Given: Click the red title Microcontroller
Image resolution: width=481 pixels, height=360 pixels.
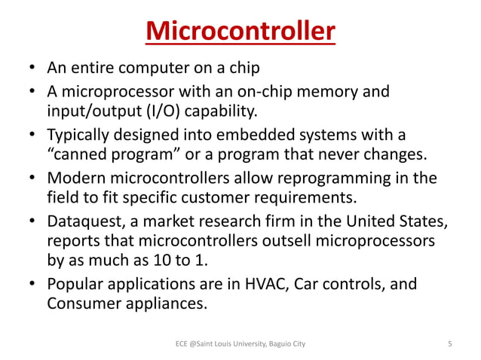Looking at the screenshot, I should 240,32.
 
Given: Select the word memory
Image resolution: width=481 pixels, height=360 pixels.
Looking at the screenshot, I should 345,93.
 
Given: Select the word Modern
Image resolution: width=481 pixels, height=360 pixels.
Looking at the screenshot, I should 75,180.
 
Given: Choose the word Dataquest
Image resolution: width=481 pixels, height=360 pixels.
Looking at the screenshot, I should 83,224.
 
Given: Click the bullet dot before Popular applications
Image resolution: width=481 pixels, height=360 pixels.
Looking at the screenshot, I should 33,288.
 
